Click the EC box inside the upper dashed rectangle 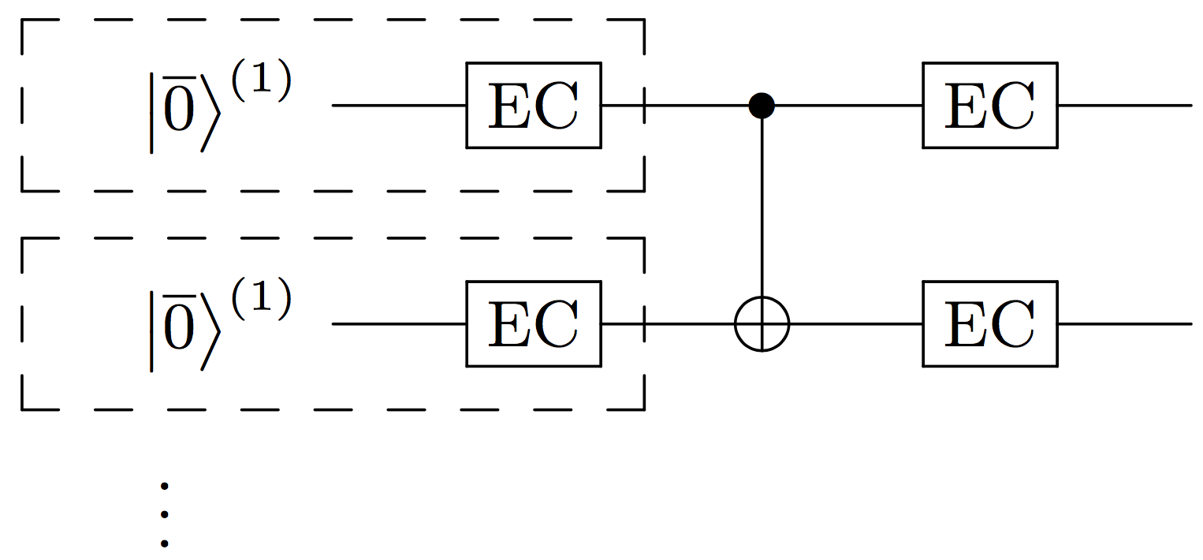(x=533, y=105)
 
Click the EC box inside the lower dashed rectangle (x=533, y=323)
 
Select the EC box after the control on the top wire (x=989, y=105)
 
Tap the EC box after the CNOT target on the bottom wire (x=989, y=323)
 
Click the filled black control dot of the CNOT (x=762, y=105)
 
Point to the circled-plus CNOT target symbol (x=762, y=323)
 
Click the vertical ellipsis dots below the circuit (x=164, y=514)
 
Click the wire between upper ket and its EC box (x=398, y=105)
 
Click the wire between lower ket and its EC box (x=398, y=323)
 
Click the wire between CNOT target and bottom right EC (x=855, y=323)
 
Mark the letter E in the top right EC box (x=966, y=105)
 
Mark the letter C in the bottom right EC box (x=1013, y=323)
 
